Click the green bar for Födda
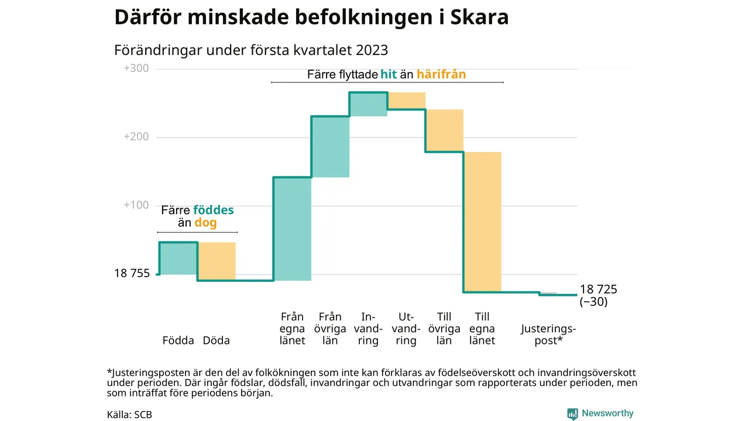coord(178,258)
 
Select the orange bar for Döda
coord(217,261)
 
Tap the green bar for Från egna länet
coord(293,228)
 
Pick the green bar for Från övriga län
coord(330,146)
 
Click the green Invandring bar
coord(368,104)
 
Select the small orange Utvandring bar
coord(406,101)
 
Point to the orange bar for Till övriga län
coord(444,130)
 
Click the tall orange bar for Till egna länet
coord(482,222)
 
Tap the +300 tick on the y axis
coord(136,68)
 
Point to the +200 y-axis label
coord(136,137)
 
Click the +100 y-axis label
coord(136,205)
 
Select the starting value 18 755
coord(132,273)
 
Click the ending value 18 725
coord(598,289)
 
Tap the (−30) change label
coord(593,302)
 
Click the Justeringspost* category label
coord(548,334)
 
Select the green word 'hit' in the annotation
coord(388,74)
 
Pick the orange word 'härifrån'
coord(441,74)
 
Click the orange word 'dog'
coord(205,223)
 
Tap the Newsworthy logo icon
coord(572,414)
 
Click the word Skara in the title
coord(480,18)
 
